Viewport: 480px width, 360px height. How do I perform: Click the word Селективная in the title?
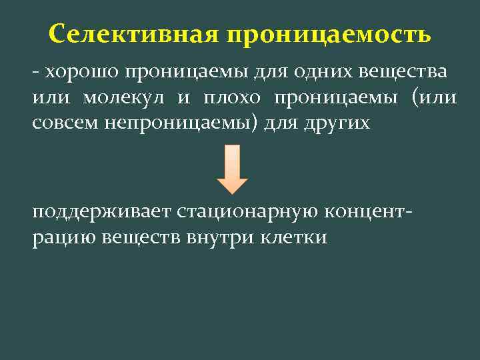[x=133, y=33]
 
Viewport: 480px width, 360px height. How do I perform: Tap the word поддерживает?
[x=100, y=211]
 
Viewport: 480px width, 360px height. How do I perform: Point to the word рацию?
[x=64, y=238]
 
